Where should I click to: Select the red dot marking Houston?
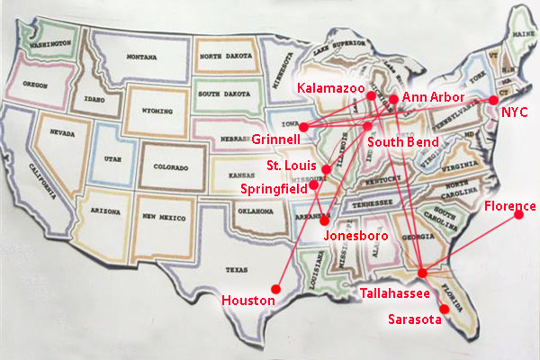point(276,288)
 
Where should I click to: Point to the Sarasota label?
point(414,319)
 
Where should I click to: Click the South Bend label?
point(402,142)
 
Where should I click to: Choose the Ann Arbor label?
point(433,96)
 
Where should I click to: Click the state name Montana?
point(141,56)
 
